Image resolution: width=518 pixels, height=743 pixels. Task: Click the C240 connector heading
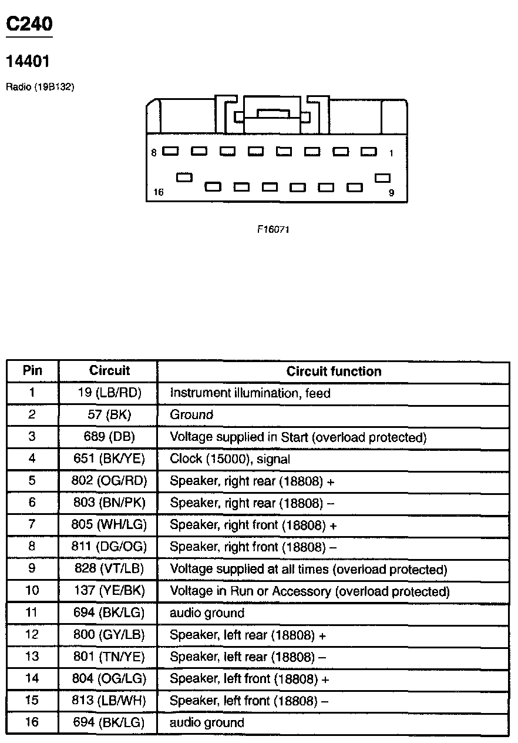coord(29,24)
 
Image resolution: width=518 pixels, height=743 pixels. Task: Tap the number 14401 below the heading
coord(28,61)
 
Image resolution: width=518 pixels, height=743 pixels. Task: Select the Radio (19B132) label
coord(40,87)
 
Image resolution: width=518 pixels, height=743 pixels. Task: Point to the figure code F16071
coord(273,229)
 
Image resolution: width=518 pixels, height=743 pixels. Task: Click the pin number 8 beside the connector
coord(154,153)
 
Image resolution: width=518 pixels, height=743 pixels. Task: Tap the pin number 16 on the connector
coord(158,192)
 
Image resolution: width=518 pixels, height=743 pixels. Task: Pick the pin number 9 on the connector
coord(392,192)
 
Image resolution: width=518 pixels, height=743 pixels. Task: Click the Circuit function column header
coord(334,371)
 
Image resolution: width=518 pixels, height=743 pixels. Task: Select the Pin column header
coord(32,371)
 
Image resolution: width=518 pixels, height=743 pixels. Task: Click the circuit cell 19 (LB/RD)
coord(109,393)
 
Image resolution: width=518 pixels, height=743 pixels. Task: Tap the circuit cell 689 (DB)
coord(109,437)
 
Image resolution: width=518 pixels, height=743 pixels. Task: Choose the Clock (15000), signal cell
coord(230,459)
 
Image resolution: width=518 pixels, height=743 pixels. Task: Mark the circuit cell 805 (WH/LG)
coord(109,525)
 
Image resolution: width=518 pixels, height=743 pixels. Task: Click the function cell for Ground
coord(191,415)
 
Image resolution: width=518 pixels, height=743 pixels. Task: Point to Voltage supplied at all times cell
coord(308,570)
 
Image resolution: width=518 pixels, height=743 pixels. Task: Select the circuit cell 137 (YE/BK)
coord(109,591)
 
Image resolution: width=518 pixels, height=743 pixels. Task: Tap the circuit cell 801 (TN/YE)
coord(109,657)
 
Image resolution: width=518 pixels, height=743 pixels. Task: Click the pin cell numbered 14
coord(32,678)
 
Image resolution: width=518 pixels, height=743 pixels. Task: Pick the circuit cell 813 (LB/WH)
coord(109,701)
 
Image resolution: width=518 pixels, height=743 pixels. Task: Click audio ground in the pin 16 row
coord(207,722)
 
